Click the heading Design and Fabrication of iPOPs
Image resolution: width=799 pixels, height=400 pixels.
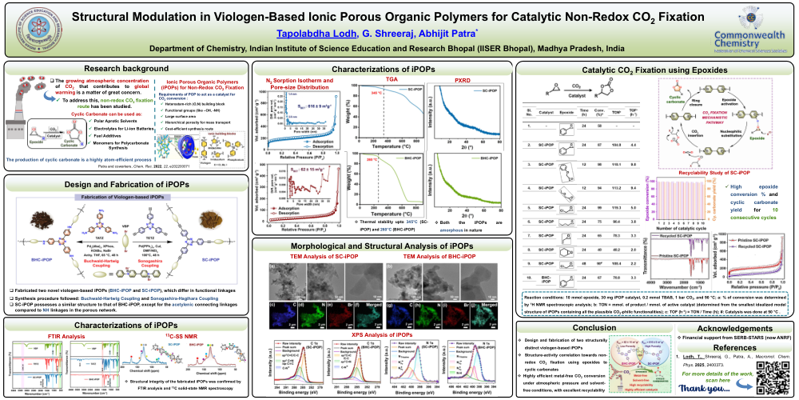(x=125, y=184)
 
